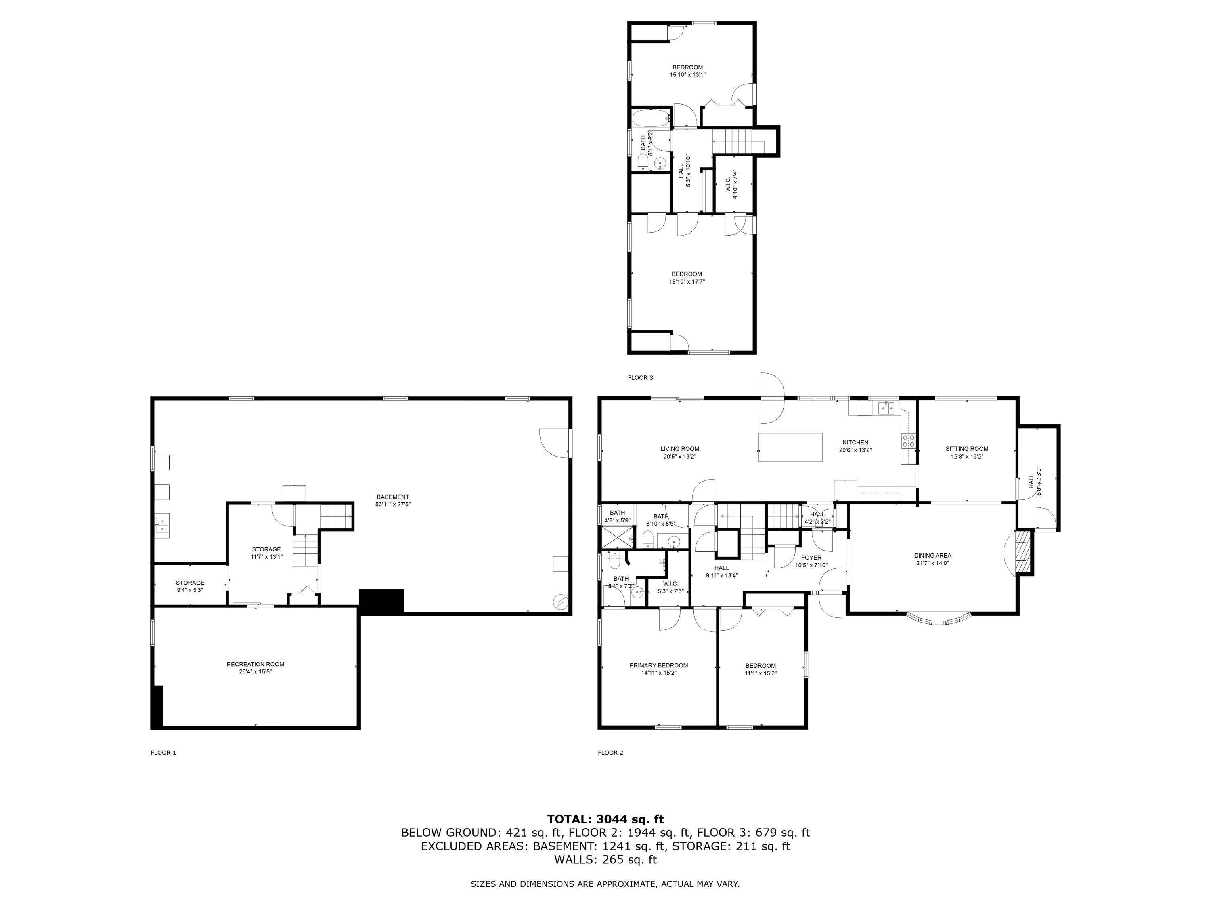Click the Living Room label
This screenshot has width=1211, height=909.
[x=679, y=449]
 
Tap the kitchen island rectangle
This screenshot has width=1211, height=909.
[x=790, y=448]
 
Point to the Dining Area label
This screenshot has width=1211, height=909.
[x=932, y=555]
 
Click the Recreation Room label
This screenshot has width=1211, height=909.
[x=255, y=664]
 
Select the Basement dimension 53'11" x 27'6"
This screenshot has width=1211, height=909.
[x=392, y=505]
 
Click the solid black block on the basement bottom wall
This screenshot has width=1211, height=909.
[x=381, y=601]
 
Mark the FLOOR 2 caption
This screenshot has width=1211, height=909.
[x=610, y=753]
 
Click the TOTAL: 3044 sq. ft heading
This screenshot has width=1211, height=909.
[x=605, y=819]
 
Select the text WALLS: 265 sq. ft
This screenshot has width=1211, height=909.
[x=605, y=860]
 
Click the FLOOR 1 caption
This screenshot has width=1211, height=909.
[x=163, y=753]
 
